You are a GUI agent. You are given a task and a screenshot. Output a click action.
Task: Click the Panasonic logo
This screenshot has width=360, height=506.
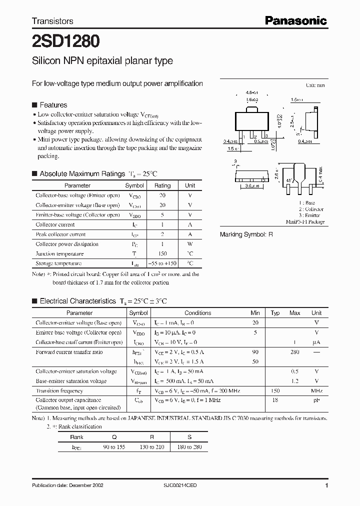(x=295, y=20)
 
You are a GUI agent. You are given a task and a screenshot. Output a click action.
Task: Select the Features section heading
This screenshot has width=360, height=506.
(x=53, y=105)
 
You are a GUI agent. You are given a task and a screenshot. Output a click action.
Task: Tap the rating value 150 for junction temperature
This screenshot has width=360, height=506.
(x=162, y=253)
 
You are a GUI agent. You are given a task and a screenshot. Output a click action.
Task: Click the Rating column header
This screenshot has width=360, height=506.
(x=162, y=185)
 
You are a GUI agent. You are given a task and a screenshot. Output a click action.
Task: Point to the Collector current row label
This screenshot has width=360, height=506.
(x=54, y=225)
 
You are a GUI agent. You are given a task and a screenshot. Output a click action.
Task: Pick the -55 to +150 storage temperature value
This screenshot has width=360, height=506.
(x=163, y=263)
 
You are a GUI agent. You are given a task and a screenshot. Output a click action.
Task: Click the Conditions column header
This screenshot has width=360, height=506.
(x=197, y=313)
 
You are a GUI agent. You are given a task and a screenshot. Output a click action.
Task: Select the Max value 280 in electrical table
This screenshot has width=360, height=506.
(x=294, y=352)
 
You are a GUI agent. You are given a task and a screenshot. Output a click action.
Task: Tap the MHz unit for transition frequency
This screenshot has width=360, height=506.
(x=316, y=390)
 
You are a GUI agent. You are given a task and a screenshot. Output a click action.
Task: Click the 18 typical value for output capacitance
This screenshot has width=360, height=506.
(x=275, y=400)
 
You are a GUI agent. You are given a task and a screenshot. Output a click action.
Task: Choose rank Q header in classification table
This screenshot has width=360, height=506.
(x=114, y=436)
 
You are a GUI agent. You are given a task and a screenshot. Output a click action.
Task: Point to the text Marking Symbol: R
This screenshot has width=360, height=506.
(x=246, y=234)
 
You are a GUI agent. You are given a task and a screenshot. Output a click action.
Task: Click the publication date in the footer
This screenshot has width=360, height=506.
(x=67, y=485)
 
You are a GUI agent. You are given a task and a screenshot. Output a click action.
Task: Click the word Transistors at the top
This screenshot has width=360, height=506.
(x=52, y=21)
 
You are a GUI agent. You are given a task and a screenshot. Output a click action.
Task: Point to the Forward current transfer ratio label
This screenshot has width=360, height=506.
(x=69, y=352)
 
